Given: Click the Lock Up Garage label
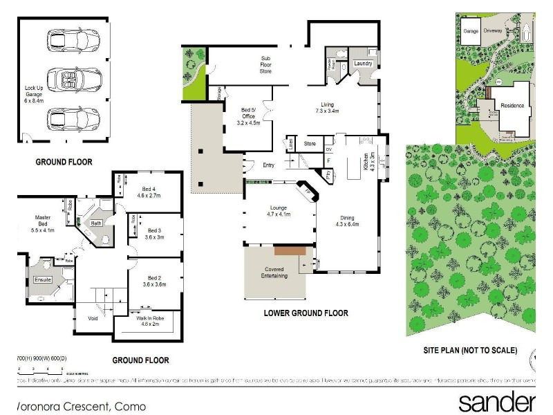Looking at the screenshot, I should (x=35, y=94).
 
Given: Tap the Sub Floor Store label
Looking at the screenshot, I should (x=265, y=64).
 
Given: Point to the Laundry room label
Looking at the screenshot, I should (x=363, y=64).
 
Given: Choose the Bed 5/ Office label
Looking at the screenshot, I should (x=249, y=116).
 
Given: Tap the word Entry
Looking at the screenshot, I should (x=269, y=165).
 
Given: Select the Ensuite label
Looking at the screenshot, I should (x=43, y=279).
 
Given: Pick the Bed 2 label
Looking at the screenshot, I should (x=155, y=280).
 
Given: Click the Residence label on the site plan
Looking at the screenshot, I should (x=512, y=106).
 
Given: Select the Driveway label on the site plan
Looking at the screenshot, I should (x=492, y=31).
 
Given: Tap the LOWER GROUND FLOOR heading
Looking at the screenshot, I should (x=305, y=313).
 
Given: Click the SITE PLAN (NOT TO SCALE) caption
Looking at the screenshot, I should (x=470, y=351).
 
